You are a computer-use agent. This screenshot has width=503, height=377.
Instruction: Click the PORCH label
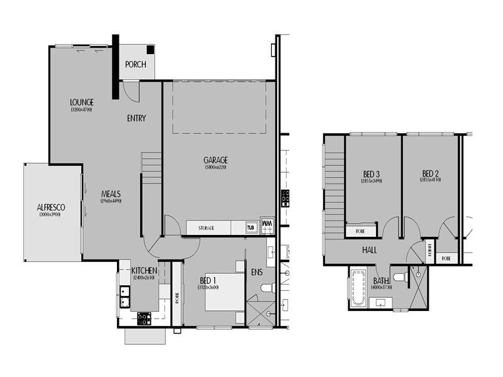tap(135, 64)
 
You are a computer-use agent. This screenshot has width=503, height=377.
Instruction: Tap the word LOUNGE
tap(82, 102)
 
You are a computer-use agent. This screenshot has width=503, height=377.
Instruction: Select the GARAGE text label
tap(215, 160)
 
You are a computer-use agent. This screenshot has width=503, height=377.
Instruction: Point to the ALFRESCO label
tap(50, 207)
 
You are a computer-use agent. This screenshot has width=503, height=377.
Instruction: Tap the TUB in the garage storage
tap(251, 227)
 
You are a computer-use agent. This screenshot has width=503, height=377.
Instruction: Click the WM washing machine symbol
tap(267, 225)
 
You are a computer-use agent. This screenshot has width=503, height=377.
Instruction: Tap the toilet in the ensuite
tap(266, 288)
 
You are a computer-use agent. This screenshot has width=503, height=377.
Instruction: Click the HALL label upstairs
tap(370, 250)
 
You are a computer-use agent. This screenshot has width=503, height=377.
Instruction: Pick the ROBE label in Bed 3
tap(361, 231)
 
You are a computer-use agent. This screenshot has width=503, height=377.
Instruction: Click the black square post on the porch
tap(150, 50)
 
